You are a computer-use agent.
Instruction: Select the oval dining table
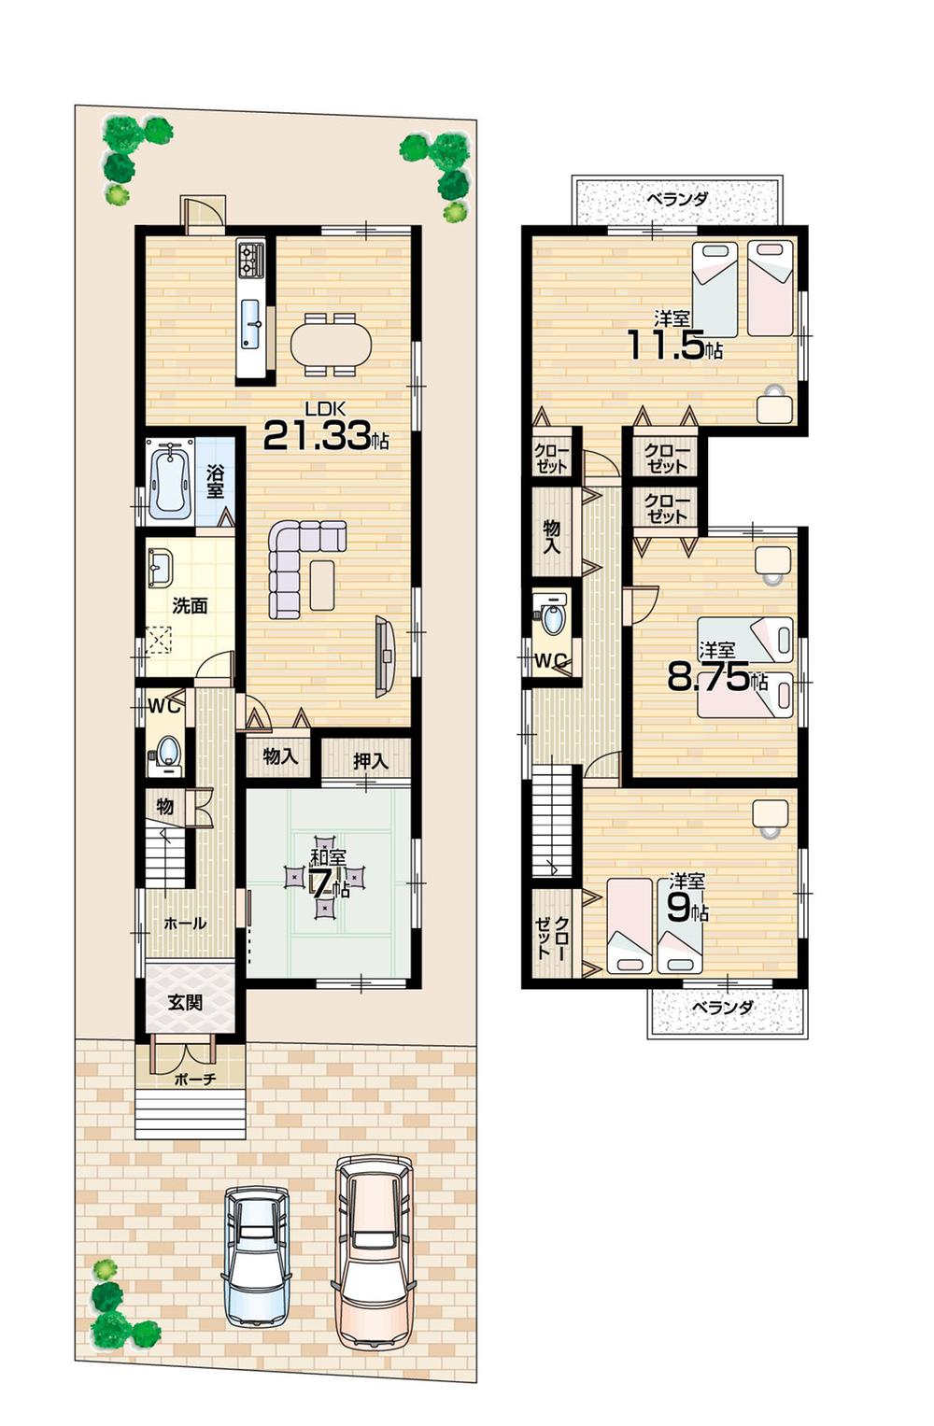[x=331, y=345]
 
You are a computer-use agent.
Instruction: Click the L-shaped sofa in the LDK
[x=299, y=564]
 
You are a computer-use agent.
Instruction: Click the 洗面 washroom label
[x=190, y=606]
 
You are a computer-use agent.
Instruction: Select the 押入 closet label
[x=370, y=761]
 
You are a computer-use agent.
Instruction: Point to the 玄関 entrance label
[x=186, y=1003]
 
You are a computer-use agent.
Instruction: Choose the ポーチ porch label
[x=195, y=1080]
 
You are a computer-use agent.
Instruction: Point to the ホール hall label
[x=185, y=923]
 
